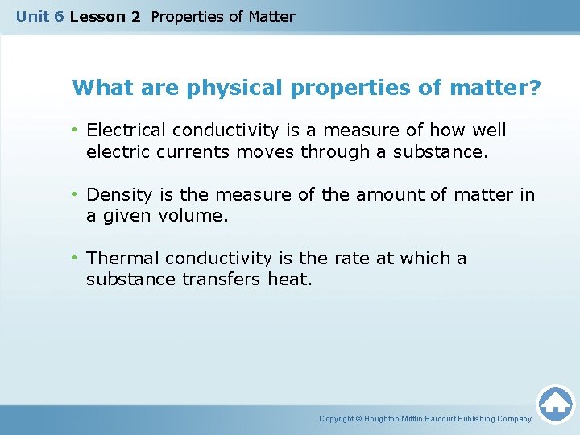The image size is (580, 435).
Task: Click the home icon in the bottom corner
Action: coord(555,403)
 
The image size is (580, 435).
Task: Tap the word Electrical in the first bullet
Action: coord(124,130)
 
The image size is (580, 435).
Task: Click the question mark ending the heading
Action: coord(535,87)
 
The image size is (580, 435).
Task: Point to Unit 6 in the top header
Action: coord(39,16)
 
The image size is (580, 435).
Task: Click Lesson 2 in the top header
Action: coord(105,16)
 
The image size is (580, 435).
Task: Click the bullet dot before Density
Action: coord(74,194)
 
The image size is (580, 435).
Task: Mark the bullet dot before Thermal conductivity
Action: coord(74,259)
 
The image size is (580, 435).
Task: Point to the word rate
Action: coord(341,259)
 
